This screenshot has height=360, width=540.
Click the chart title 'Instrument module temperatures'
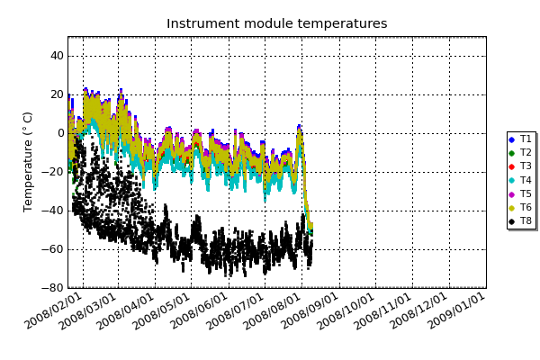pos(277,23)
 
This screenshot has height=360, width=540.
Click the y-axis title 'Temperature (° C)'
pos(28,162)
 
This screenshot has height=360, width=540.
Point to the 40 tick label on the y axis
pos(58,56)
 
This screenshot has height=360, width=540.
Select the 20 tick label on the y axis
pos(58,94)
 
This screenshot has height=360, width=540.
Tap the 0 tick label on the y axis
pos(61,133)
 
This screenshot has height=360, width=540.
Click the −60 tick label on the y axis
pos(53,249)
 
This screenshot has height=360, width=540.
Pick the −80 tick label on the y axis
pos(53,288)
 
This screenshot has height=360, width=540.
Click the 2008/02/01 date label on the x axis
pos(54,311)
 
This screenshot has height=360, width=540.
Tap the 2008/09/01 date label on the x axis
pos(310,311)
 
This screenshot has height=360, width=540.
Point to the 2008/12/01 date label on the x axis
pos(419,311)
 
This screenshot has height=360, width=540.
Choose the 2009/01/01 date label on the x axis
pos(457,311)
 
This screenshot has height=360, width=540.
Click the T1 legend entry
pos(520,139)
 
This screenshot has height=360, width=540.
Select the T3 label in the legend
pos(526,166)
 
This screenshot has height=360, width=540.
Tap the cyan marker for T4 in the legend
pos(512,180)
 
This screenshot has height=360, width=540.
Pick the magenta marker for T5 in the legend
pos(512,194)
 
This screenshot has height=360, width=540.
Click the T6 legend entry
pos(520,207)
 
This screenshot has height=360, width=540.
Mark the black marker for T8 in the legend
pos(512,221)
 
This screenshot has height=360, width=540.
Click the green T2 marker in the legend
pos(512,153)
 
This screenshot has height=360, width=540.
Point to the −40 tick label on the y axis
pos(53,211)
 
